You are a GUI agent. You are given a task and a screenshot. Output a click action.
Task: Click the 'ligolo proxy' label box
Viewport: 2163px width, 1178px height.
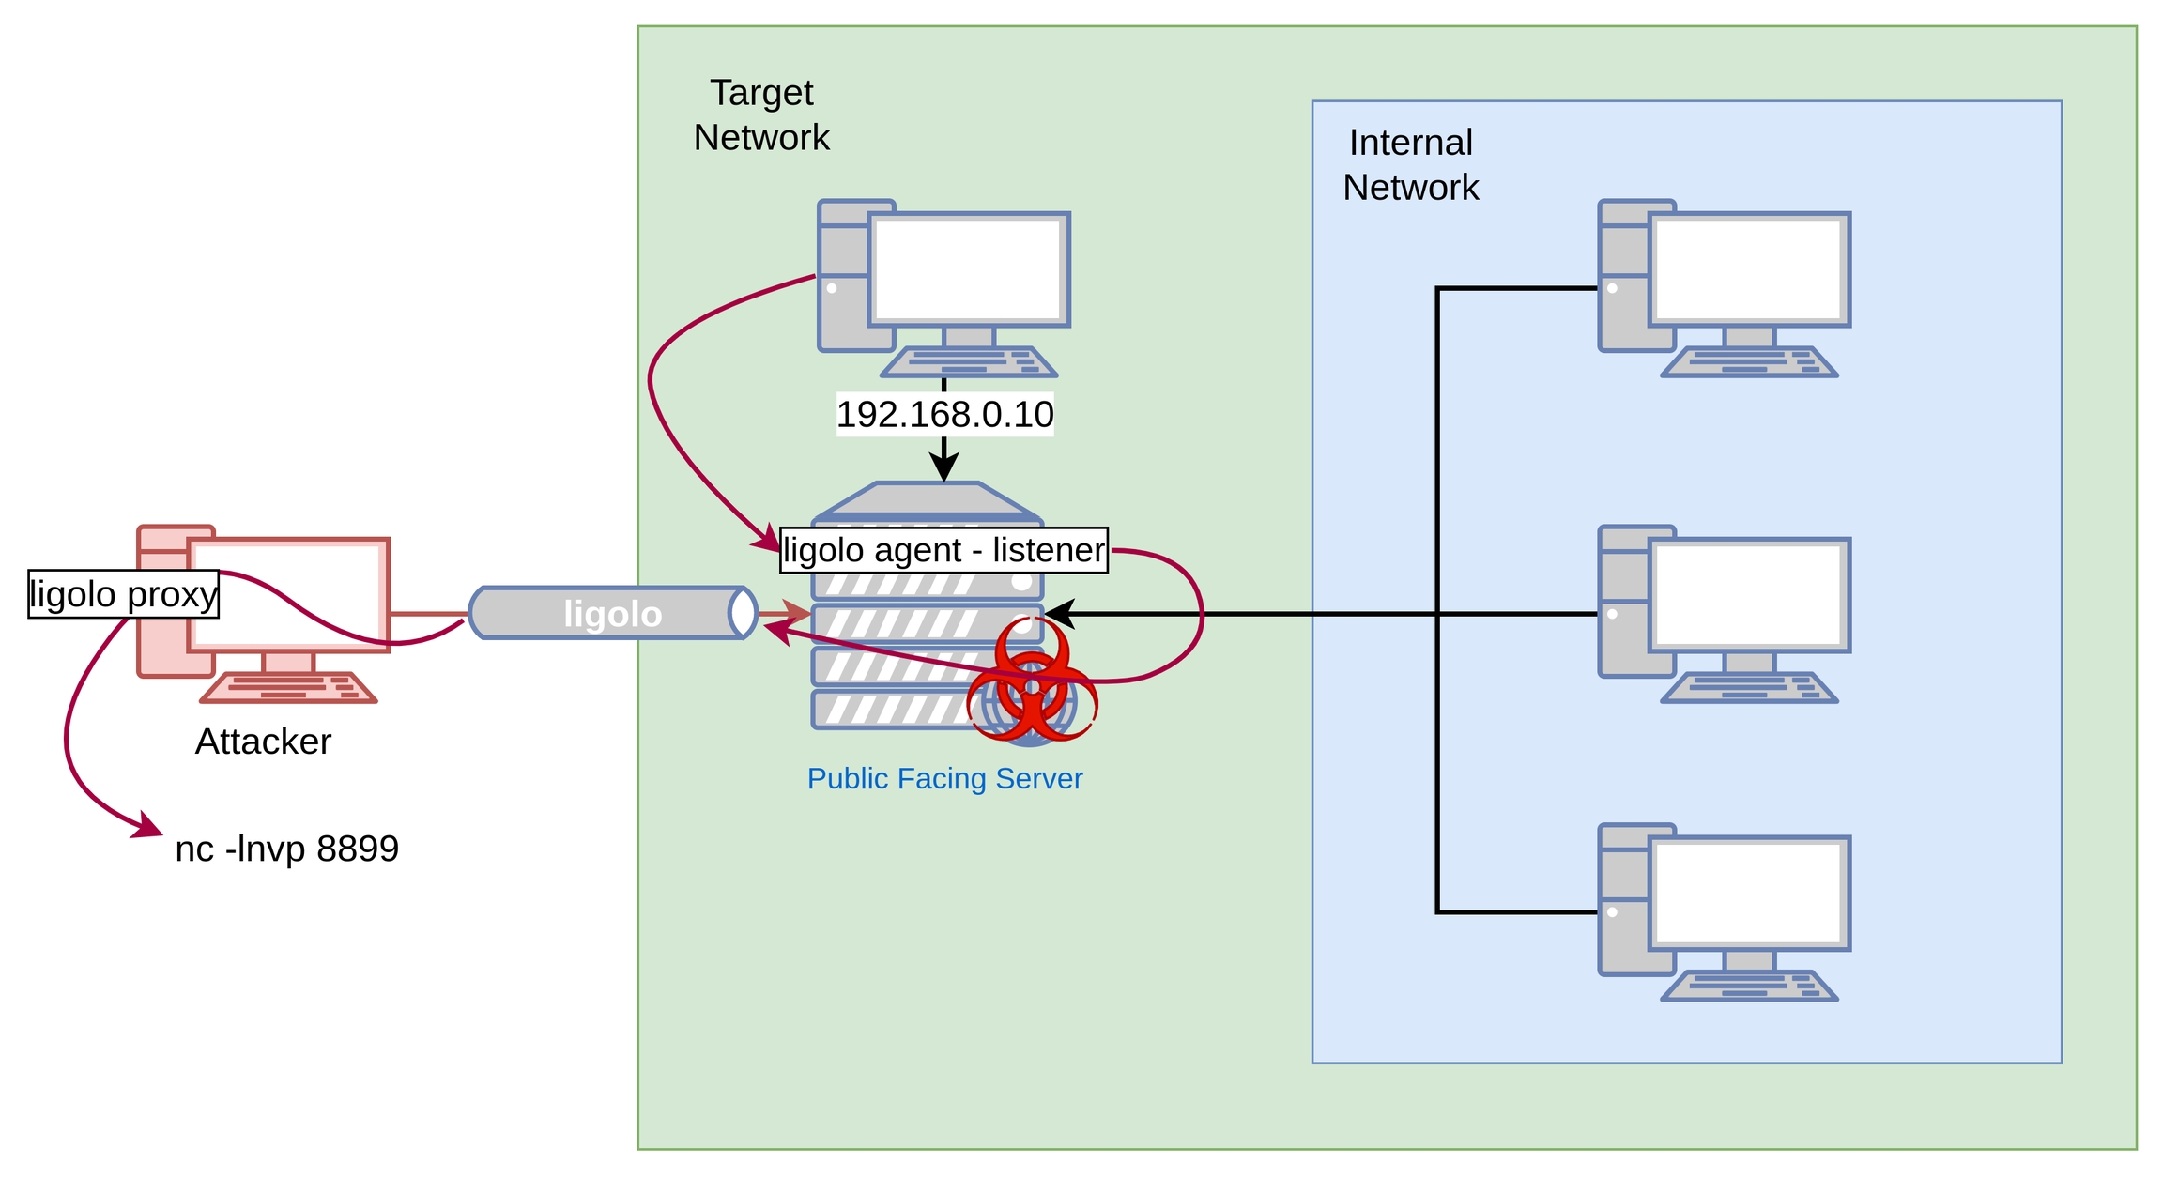tap(123, 594)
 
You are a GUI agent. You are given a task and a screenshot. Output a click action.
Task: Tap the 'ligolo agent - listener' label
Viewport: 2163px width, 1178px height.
tap(943, 550)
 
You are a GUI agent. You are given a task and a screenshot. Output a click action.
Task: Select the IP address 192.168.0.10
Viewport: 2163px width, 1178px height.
tap(944, 414)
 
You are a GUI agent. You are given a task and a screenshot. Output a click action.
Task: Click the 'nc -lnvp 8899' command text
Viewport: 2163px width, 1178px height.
tap(286, 849)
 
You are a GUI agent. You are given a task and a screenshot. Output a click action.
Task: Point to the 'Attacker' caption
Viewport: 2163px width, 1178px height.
tap(263, 742)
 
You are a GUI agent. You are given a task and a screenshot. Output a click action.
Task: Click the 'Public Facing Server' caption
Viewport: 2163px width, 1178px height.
tap(944, 778)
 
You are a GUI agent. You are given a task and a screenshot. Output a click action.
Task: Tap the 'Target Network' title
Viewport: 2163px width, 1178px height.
tap(761, 115)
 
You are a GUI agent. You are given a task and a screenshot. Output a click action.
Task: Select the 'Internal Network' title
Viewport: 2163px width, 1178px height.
tap(1410, 164)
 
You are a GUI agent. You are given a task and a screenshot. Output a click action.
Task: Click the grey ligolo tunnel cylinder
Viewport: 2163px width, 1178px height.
tap(612, 614)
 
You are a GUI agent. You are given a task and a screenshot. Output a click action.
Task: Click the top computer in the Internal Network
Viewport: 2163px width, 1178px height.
tap(1724, 286)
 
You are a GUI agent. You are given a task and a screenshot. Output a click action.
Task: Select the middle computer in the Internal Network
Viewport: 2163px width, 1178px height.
tap(1724, 612)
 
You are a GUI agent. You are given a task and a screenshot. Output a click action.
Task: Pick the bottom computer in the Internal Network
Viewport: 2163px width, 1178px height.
tap(1724, 910)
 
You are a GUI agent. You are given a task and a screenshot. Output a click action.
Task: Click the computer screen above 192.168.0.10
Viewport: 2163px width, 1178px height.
tap(968, 269)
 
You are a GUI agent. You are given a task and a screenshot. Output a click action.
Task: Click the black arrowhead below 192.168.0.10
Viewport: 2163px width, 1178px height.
tap(943, 467)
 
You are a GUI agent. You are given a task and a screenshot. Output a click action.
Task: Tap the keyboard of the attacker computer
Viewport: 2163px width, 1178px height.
tap(288, 688)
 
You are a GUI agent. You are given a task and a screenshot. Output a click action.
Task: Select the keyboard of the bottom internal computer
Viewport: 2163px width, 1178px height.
tap(1748, 987)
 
